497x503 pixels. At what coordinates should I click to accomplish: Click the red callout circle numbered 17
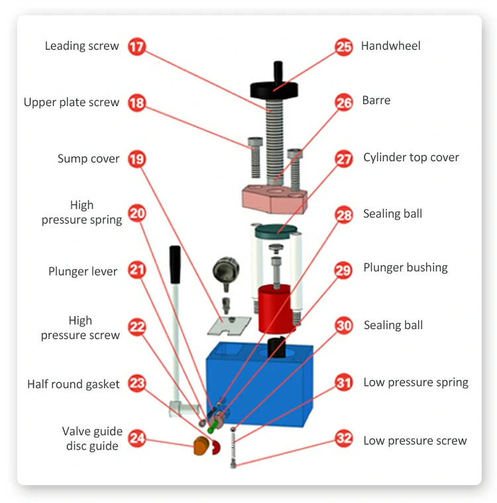(137, 47)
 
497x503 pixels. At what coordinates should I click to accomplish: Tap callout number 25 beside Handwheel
(343, 47)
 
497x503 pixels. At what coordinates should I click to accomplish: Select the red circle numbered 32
(343, 439)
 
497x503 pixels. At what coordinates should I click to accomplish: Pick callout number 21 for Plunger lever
(137, 271)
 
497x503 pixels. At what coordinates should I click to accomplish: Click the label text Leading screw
(82, 46)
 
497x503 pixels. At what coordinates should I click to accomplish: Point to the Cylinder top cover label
(411, 158)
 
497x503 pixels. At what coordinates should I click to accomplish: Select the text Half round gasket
(74, 384)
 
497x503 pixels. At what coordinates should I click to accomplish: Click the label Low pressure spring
(415, 383)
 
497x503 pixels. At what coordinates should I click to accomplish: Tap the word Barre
(376, 101)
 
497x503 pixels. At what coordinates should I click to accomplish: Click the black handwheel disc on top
(274, 88)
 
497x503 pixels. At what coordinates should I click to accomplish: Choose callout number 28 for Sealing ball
(343, 215)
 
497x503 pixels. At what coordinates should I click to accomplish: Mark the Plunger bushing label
(405, 268)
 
